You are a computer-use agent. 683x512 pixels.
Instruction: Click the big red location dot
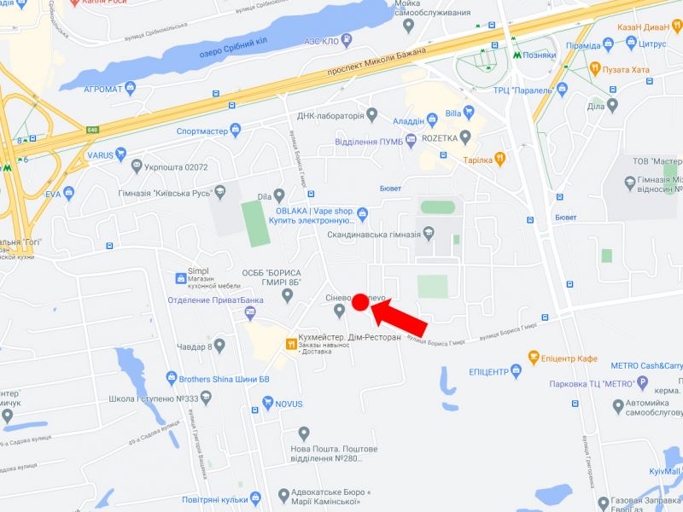click(359, 300)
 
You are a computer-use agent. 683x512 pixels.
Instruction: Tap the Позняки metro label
click(540, 54)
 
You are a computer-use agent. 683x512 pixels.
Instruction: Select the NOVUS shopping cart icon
click(268, 404)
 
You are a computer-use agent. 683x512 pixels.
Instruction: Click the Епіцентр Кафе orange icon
click(534, 358)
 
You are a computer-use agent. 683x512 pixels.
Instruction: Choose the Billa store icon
click(432, 113)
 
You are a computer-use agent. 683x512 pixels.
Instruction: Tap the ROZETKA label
click(438, 137)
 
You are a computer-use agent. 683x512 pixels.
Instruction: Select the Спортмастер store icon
click(236, 131)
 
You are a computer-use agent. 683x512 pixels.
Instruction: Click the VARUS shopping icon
click(121, 156)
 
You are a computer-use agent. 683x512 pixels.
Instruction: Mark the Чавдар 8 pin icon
click(219, 346)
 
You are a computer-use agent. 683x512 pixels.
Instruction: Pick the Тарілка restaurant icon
click(500, 159)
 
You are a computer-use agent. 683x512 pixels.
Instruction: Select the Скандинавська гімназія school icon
click(429, 234)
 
